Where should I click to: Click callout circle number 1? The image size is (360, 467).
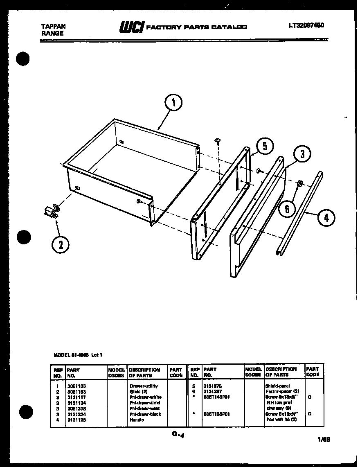click(x=174, y=103)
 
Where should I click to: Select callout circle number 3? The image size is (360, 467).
click(x=302, y=154)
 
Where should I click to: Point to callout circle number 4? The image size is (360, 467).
click(x=326, y=218)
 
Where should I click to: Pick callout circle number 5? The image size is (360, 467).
click(x=265, y=146)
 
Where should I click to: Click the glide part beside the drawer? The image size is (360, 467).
click(x=52, y=212)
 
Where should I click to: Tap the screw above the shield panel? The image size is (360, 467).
click(x=218, y=142)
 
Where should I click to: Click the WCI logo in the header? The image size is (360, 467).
click(x=130, y=27)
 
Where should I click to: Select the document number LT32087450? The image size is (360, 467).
click(x=306, y=25)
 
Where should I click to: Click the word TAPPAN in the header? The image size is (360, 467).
click(x=53, y=26)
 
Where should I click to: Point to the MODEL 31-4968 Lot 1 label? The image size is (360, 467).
click(x=77, y=355)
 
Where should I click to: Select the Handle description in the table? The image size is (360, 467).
click(x=137, y=420)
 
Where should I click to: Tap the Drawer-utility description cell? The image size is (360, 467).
click(x=143, y=386)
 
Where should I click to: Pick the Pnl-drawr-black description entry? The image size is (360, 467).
click(x=145, y=414)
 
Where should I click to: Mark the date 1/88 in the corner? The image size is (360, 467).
click(x=324, y=440)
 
